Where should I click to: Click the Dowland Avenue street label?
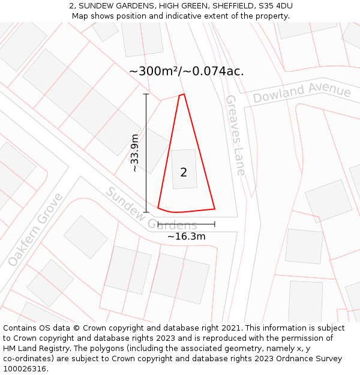[x=301, y=94]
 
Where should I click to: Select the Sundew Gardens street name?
[x=151, y=209]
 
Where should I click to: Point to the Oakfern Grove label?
[x=35, y=230]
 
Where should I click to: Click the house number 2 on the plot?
[x=184, y=173]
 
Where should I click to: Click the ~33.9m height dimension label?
[x=135, y=153]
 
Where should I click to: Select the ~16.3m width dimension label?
[x=186, y=236]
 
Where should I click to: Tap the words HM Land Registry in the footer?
[x=34, y=348]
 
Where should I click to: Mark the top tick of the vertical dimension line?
[x=146, y=94]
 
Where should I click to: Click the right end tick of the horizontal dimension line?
[x=214, y=224]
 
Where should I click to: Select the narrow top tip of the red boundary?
[x=182, y=95]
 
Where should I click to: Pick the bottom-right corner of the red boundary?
[x=215, y=209]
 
